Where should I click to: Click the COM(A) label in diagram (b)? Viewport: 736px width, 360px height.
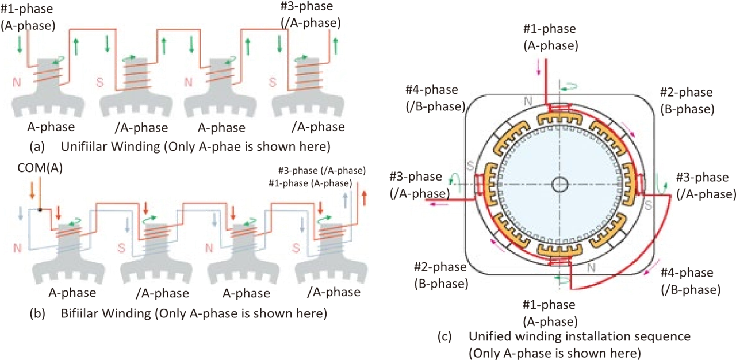40,168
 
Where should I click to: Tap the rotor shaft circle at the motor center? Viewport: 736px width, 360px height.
559,184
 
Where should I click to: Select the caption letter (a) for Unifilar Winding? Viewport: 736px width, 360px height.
37,147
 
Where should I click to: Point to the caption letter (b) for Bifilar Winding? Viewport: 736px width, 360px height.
37,313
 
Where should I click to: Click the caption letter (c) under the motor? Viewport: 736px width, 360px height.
444,336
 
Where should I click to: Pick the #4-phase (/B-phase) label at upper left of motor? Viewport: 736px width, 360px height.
435,98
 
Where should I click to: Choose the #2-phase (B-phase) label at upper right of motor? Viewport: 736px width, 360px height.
687,101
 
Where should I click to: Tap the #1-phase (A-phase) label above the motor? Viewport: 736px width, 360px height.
551,37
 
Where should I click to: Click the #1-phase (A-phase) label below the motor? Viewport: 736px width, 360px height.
550,313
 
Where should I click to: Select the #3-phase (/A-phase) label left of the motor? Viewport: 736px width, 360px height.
420,185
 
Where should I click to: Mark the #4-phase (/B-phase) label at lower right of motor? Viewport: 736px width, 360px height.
691,281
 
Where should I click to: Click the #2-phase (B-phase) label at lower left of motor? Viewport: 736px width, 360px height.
441,275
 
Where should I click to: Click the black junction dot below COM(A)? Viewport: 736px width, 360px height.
40,209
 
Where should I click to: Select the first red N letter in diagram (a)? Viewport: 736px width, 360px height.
17,82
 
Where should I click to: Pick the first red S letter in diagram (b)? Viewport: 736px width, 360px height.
121,248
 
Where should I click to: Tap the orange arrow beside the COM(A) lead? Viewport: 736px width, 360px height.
32,190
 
